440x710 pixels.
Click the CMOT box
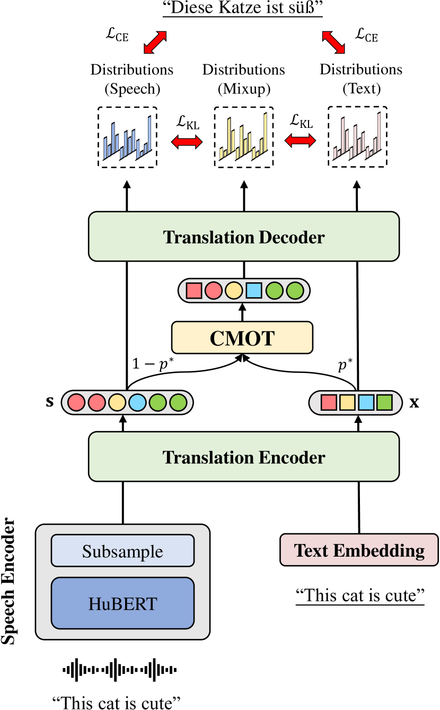point(242,338)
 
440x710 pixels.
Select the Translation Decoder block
point(244,237)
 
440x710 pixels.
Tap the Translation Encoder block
point(244,456)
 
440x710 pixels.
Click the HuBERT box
point(122,603)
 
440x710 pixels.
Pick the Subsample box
point(122,551)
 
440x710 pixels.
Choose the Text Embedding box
point(359,550)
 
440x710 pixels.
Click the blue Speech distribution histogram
point(127,137)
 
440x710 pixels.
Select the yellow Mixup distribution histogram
point(243,137)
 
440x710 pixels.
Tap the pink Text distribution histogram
point(357,137)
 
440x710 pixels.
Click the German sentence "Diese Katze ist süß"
point(244,10)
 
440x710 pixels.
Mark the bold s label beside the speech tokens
point(50,402)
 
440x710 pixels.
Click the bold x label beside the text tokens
point(414,402)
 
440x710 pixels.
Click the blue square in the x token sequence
point(366,403)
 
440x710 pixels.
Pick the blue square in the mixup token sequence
point(254,291)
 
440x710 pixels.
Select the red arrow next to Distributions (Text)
point(333,42)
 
